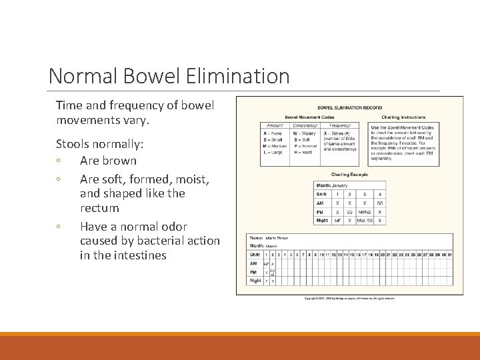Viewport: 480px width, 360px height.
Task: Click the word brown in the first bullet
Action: (x=120, y=161)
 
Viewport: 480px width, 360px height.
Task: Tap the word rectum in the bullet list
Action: (x=99, y=209)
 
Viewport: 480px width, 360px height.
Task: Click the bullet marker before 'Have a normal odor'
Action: (x=59, y=227)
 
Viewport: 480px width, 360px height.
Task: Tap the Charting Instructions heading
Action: (x=403, y=117)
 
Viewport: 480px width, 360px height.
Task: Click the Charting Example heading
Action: (x=349, y=175)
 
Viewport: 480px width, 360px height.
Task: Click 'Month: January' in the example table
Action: (x=332, y=185)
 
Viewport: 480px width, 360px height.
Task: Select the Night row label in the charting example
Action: (x=322, y=220)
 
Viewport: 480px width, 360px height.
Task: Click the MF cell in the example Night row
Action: (x=338, y=220)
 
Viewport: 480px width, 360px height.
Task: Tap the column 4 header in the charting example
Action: (x=379, y=194)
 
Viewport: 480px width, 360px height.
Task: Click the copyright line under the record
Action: (x=349, y=298)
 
